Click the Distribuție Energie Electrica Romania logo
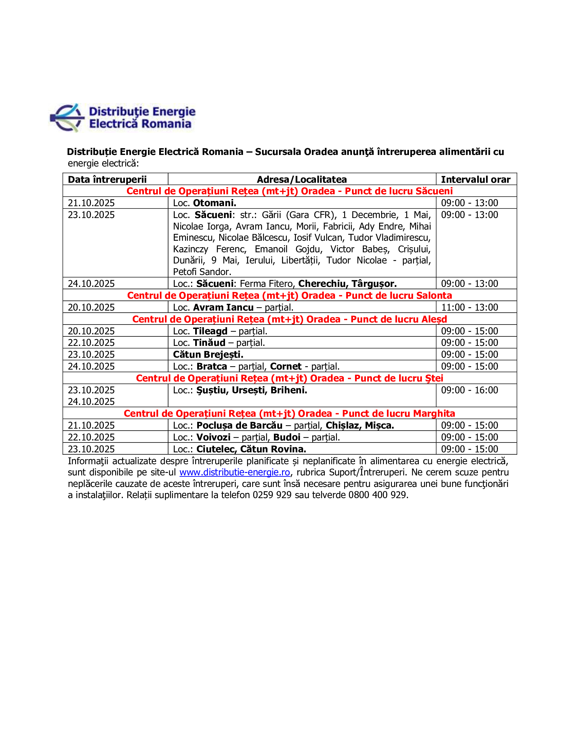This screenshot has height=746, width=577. click(123, 118)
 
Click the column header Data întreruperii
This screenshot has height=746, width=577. click(107, 179)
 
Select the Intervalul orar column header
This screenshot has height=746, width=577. click(476, 179)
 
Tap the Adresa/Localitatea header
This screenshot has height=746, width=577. click(301, 179)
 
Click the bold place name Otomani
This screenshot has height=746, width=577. click(214, 203)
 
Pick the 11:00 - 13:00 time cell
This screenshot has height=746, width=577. click(469, 307)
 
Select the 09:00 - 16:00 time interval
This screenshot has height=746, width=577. click(469, 390)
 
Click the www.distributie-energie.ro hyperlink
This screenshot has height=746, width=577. click(235, 472)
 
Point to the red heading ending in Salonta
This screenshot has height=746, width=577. click(289, 295)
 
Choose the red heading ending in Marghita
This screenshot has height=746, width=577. click(289, 413)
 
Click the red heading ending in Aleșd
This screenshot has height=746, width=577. click(289, 319)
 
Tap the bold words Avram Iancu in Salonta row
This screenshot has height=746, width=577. click(223, 308)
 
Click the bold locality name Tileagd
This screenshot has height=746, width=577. click(210, 331)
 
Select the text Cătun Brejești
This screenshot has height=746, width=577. click(208, 355)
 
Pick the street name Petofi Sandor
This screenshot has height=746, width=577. click(202, 272)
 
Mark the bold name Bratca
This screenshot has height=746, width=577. click(211, 367)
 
